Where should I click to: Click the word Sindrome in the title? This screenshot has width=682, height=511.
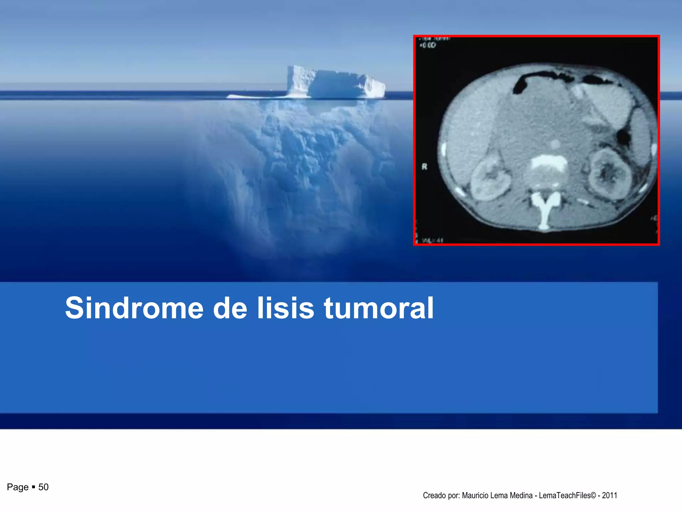tap(134, 308)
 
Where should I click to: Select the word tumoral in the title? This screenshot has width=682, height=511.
tap(379, 308)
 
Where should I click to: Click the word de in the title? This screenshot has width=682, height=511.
tap(230, 308)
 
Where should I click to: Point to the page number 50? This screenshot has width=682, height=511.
tap(43, 487)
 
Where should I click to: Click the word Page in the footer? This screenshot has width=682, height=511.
tap(18, 487)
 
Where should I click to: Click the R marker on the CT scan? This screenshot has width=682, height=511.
tap(424, 167)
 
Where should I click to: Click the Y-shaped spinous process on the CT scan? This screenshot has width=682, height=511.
tap(545, 208)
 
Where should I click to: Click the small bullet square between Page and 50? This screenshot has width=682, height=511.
tap(33, 487)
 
